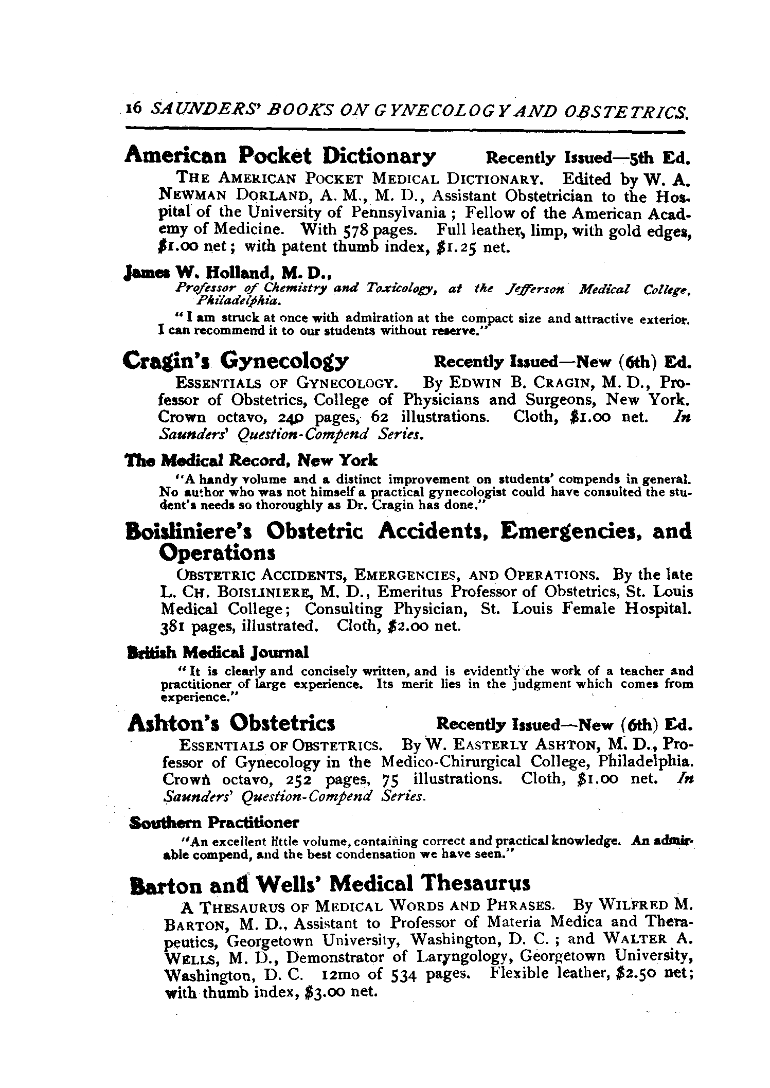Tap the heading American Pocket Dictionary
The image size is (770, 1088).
pos(280,155)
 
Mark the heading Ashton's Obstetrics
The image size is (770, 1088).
pos(231,724)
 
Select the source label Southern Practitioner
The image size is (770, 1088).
pos(214,822)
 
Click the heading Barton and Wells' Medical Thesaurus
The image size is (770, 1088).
pos(330,883)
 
